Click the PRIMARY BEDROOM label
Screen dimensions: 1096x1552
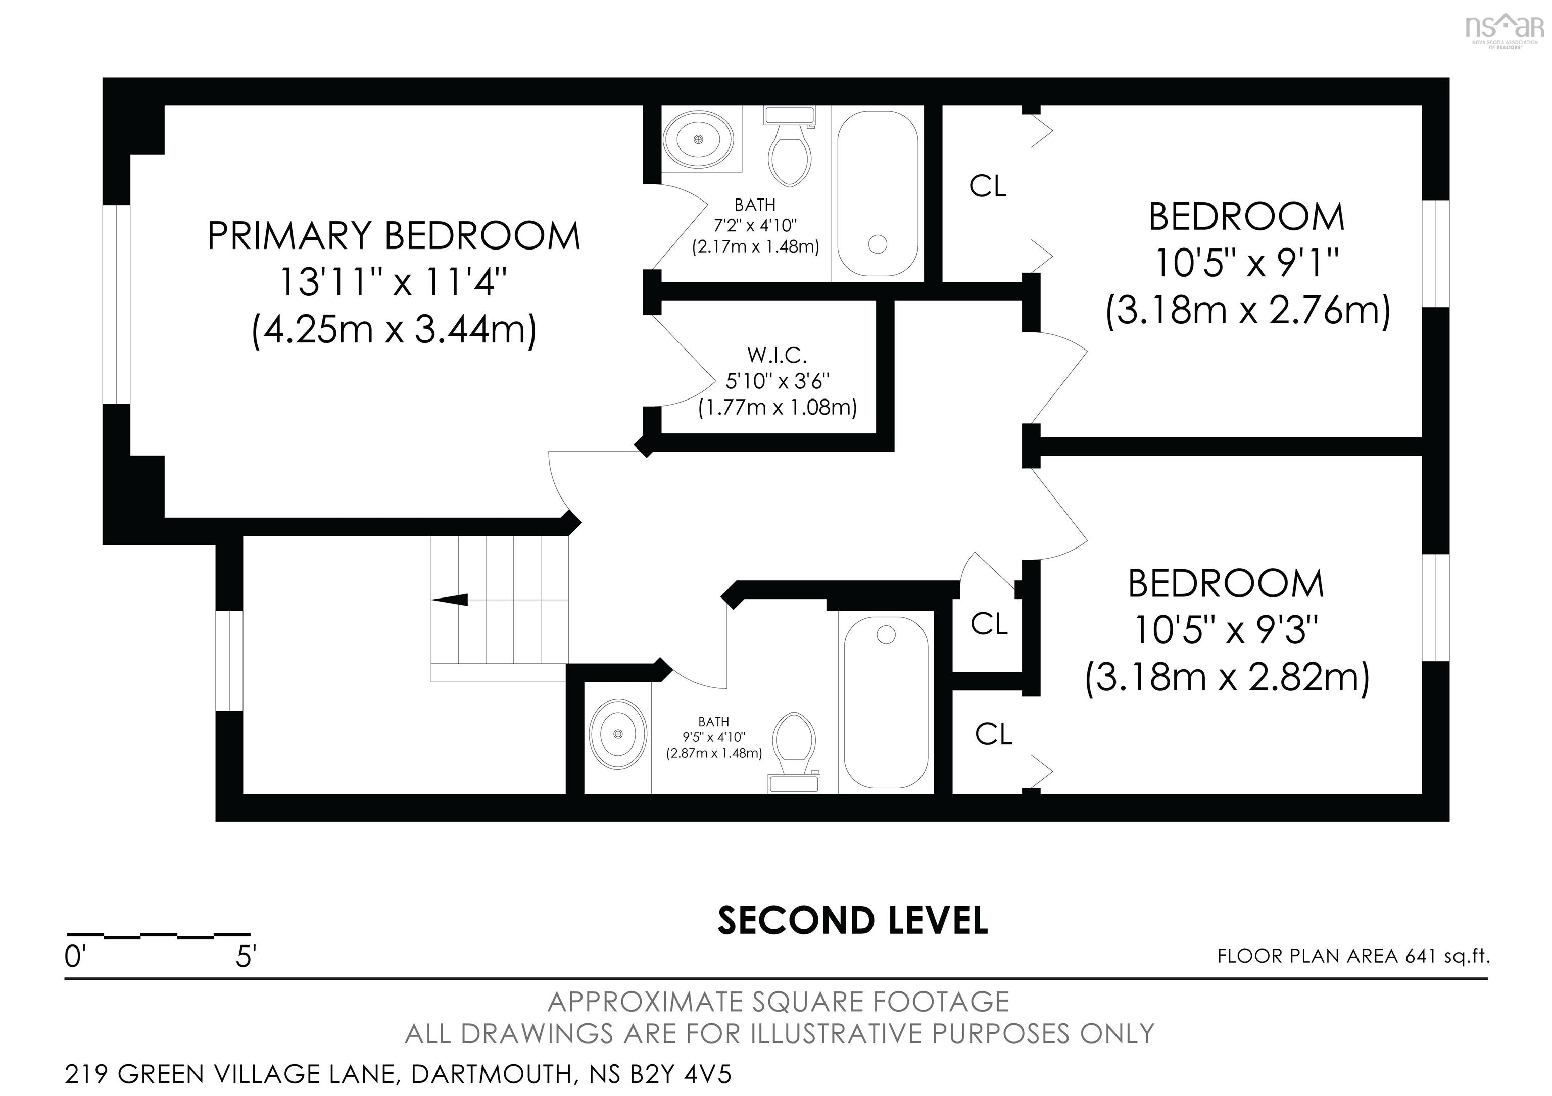pos(394,236)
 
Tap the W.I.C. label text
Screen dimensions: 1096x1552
pos(778,355)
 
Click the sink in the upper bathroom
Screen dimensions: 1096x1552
pos(698,140)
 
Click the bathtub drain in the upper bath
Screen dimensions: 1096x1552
pos(878,244)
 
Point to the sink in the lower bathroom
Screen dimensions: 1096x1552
pos(616,734)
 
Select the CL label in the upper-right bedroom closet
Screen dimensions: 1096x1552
pos(988,186)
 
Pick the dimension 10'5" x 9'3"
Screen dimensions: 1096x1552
pos(1226,630)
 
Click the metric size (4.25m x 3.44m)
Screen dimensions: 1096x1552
pos(394,330)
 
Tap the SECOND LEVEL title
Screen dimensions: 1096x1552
pos(852,920)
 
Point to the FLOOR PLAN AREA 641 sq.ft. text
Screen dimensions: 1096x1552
pos(1353,956)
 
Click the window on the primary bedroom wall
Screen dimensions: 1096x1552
pos(116,304)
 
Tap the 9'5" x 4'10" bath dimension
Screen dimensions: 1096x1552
pos(714,737)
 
